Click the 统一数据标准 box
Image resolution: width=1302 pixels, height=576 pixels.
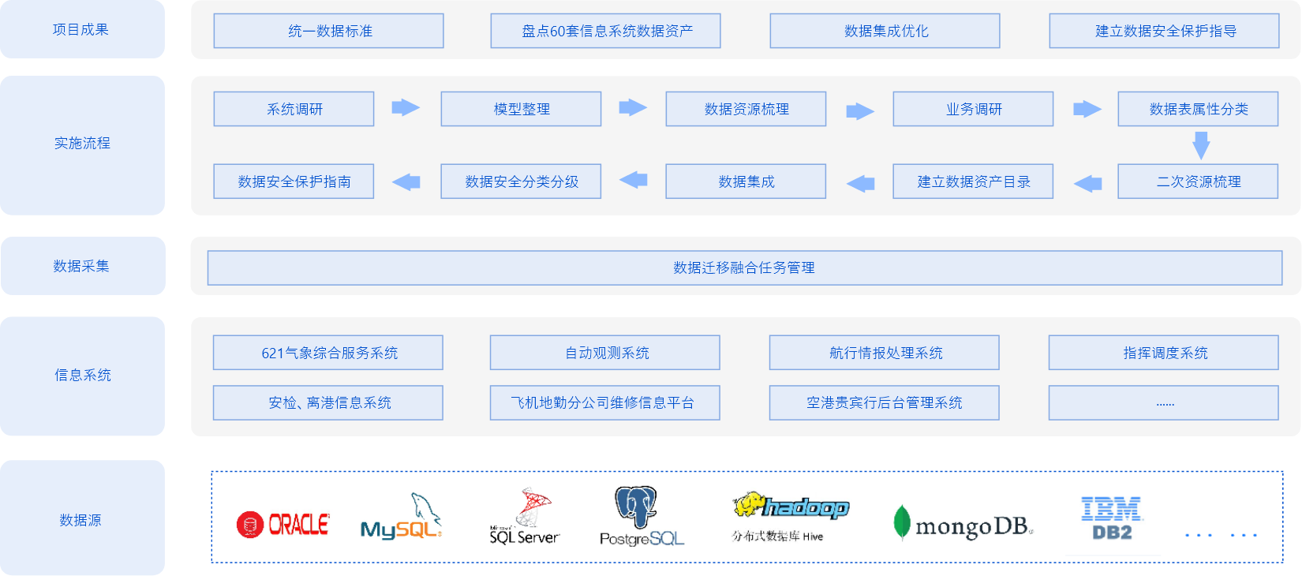(328, 31)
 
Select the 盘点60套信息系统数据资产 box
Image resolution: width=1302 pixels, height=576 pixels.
(605, 31)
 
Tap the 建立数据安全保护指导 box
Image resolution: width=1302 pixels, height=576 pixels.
(1164, 31)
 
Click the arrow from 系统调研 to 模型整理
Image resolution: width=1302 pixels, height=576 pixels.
(406, 107)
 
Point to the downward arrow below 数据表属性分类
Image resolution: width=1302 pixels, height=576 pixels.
(1201, 145)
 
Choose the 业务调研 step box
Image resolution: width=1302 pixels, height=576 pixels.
(973, 109)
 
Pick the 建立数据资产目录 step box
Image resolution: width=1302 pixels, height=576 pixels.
(973, 181)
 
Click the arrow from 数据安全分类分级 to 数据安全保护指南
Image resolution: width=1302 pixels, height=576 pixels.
(406, 181)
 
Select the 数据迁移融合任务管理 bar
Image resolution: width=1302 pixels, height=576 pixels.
(744, 267)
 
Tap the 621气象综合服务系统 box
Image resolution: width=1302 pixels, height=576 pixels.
(328, 353)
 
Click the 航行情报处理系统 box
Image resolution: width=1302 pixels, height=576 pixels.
(885, 353)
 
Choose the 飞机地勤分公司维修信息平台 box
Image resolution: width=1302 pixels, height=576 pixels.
(604, 402)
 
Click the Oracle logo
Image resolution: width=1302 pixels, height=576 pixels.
(282, 525)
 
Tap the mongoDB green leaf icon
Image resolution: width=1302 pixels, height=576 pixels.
(901, 522)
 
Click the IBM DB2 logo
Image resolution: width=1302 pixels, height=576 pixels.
(1112, 518)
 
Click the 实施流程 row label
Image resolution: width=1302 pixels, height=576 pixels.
(82, 144)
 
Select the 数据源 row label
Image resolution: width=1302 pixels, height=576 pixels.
(80, 520)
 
